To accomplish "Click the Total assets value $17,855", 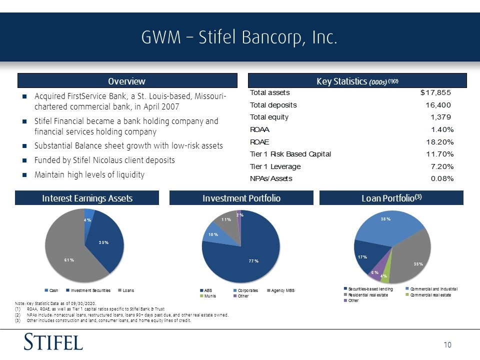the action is click(x=435, y=92).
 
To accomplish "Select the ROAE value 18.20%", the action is click(x=440, y=142).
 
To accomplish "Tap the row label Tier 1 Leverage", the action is click(x=275, y=166).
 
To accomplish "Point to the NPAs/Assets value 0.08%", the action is click(x=442, y=178).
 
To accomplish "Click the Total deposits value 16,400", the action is click(x=438, y=105).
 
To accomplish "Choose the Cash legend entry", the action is click(x=51, y=290).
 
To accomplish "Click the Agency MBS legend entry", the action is click(x=280, y=290).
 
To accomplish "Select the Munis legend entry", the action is click(x=208, y=296).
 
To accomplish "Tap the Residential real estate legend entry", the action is click(x=366, y=295).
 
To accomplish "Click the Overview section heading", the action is click(x=126, y=81).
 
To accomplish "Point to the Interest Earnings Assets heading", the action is click(x=87, y=198).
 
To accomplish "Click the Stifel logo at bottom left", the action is click(x=53, y=341).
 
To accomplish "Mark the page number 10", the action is click(x=447, y=345).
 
